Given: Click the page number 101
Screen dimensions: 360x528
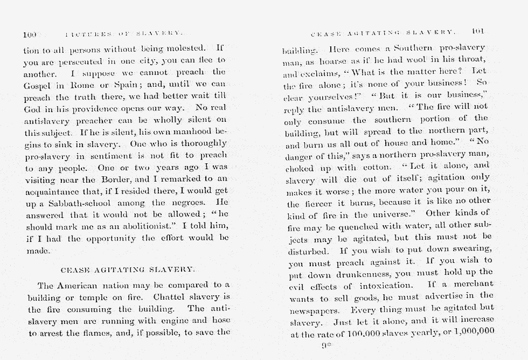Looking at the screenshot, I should point(478,32).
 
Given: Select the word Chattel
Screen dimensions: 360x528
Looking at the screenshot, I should point(170,297).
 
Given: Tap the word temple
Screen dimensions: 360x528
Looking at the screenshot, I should point(91,297).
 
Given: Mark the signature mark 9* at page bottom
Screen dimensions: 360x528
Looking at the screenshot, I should point(325,347).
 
